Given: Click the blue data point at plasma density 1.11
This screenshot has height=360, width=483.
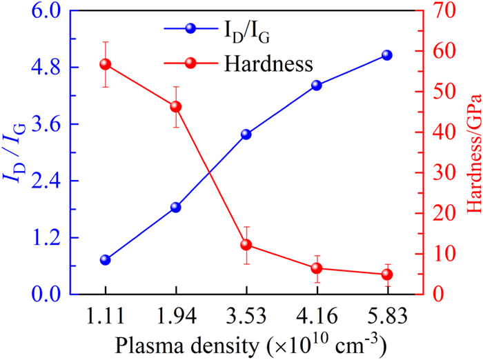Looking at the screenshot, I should tap(105, 260).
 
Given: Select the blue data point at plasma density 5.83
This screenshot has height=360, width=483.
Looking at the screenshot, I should tap(387, 55).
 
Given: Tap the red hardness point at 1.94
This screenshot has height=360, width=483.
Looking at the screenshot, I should tap(175, 106).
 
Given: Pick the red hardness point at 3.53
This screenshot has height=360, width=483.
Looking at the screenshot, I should tap(246, 245).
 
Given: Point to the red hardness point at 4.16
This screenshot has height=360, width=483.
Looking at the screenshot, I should tap(316, 268).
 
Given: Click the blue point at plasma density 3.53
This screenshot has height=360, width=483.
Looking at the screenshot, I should tap(246, 134).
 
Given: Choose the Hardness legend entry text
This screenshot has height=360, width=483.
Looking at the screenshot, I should tap(268, 65).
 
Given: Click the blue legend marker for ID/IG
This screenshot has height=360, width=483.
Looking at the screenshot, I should tap(191, 28).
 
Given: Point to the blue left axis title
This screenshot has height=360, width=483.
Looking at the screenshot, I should tap(15, 153).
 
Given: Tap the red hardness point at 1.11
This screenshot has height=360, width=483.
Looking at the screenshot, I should tap(105, 64).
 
